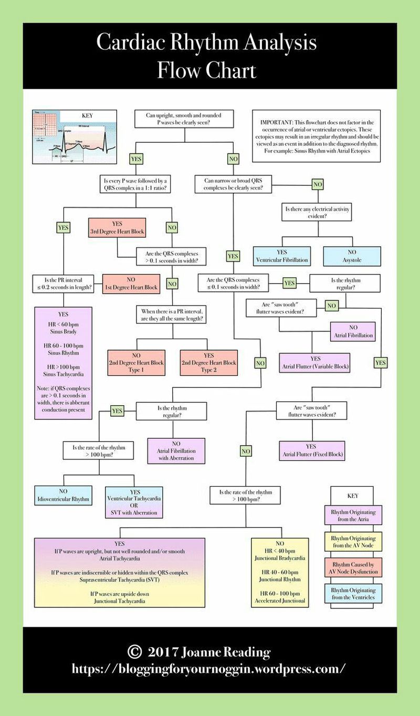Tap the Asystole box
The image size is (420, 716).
coord(352,256)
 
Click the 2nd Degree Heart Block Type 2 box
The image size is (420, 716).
coord(208,363)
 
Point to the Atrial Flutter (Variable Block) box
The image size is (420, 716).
coord(315,363)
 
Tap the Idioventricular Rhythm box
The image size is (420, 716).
coord(63,495)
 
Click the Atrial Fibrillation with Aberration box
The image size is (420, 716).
coord(176,450)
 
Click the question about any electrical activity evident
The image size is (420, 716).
coord(317,212)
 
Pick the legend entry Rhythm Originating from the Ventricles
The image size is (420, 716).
coord(353,594)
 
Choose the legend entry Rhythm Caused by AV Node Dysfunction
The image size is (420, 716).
coord(353,568)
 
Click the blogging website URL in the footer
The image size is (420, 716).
coord(209,669)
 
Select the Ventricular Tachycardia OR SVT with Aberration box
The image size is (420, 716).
coord(134,501)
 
